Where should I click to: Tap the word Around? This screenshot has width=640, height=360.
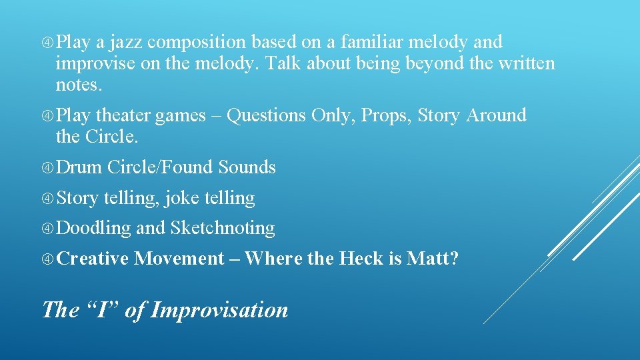496,115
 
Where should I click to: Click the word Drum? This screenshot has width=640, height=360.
79,167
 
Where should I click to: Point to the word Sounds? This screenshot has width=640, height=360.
247,167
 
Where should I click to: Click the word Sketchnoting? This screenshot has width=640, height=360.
222,228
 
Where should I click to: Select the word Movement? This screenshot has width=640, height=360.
179,258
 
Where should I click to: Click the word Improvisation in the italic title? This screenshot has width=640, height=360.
219,310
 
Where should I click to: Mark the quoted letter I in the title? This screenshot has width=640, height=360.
103,310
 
